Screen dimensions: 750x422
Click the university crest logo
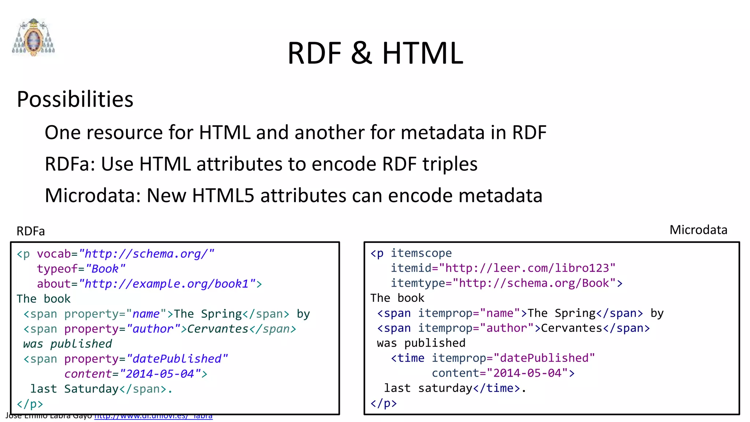coord(33,37)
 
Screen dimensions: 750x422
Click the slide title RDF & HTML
coord(375,53)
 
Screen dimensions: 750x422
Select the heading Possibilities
coord(75,99)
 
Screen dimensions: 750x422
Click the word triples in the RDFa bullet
coord(450,164)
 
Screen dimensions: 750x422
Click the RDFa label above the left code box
coord(31,231)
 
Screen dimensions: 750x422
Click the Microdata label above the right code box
coord(698,230)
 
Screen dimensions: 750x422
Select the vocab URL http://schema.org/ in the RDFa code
coord(146,254)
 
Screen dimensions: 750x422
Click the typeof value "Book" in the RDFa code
coord(105,269)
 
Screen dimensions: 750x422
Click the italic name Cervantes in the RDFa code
coord(218,329)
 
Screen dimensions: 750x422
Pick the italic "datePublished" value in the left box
coord(177,359)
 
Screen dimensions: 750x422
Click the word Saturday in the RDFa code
coord(91,389)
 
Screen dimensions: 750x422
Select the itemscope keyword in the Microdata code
coord(421,253)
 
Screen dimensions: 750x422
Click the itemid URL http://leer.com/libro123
coord(527,268)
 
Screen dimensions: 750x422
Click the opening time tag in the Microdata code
coord(408,358)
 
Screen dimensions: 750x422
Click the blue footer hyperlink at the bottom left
coord(153,416)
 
